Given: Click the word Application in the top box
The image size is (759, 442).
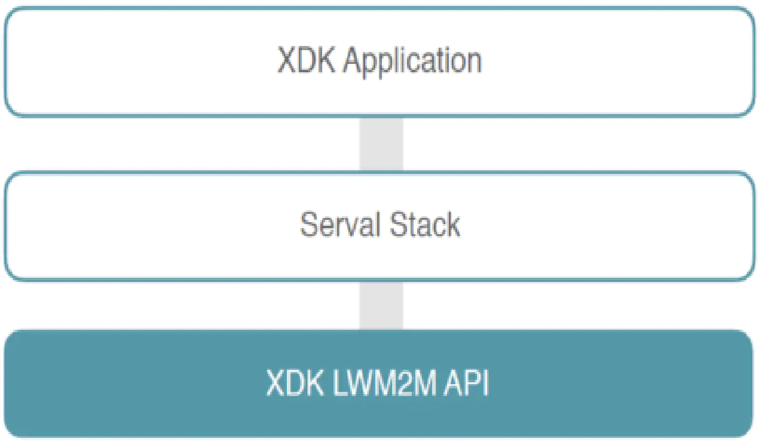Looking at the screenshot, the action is coord(412,62).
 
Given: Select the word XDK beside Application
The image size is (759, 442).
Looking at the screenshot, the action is coord(307,60).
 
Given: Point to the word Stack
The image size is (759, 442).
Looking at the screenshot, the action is coord(425,224).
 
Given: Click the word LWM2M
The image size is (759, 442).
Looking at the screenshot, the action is coord(384,383).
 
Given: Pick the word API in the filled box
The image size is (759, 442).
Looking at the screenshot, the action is coord(466,383).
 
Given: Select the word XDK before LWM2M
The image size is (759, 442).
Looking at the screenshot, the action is coord(295,383).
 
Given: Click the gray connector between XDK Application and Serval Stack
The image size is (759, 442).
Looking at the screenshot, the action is coord(381,145).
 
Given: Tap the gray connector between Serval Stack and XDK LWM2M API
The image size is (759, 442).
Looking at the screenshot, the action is coord(381,305).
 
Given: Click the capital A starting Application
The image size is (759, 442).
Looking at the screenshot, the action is coord(353,60).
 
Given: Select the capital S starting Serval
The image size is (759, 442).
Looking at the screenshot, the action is coord(310,224).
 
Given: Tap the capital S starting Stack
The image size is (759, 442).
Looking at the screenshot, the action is coord(399,224).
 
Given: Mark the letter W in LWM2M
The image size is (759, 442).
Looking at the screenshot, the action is coord(361,383).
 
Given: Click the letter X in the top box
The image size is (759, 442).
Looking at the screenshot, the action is coord(287,60).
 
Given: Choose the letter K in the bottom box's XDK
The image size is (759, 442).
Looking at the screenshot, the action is coord(314,383).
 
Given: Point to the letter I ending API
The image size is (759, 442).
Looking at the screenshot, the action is coord(486,383).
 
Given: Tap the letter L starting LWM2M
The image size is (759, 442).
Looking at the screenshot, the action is coord(338,383).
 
